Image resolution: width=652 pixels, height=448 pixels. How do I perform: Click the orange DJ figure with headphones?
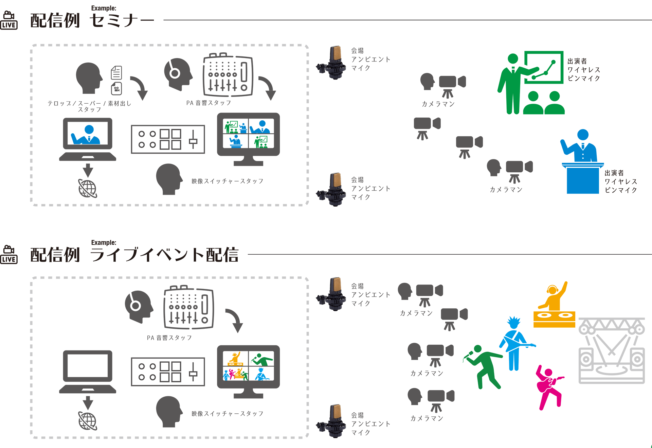click(554, 299)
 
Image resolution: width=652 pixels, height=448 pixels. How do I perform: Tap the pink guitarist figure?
click(548, 387)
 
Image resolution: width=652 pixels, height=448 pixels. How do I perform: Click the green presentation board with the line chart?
click(543, 67)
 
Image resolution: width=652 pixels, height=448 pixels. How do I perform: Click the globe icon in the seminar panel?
click(88, 188)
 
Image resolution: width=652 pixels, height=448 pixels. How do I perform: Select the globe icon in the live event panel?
click(88, 421)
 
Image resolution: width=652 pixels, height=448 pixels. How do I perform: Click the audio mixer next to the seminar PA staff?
click(228, 75)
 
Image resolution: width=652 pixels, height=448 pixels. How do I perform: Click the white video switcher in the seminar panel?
click(168, 139)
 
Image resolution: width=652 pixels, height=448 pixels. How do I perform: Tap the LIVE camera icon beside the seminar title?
click(9, 20)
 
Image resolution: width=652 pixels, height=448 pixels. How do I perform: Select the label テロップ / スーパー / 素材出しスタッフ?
click(89, 106)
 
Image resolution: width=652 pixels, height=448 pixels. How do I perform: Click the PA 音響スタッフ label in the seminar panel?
click(209, 103)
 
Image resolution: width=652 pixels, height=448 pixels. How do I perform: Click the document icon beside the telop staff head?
click(116, 72)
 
